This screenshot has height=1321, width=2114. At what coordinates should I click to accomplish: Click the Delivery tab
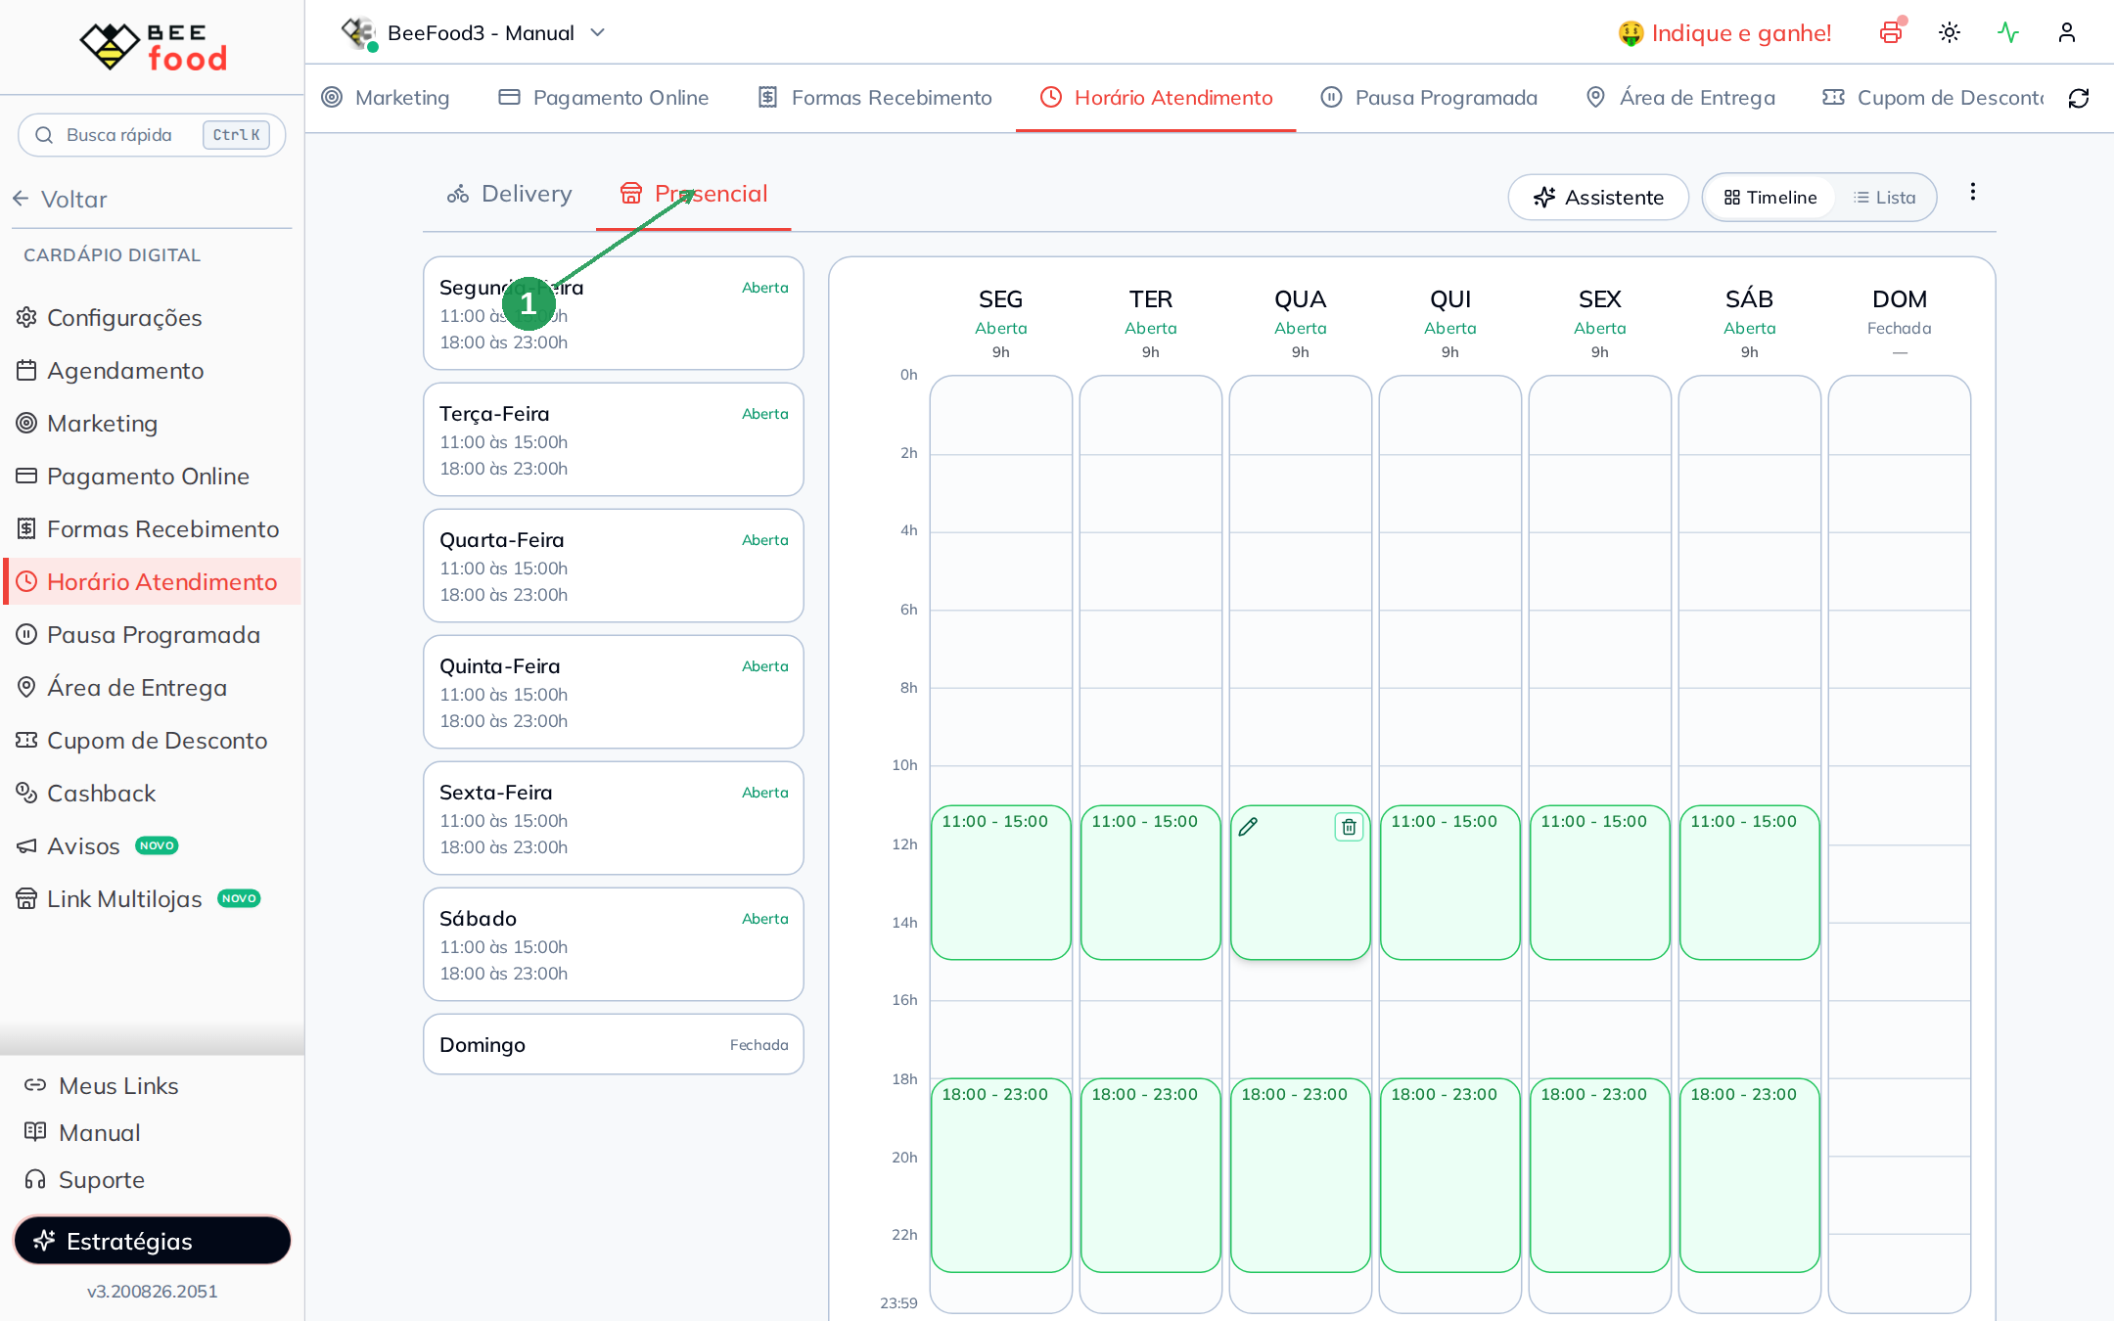509,194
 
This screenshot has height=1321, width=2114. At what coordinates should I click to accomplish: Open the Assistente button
1598,198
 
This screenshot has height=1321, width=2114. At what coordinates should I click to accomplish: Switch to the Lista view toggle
1884,198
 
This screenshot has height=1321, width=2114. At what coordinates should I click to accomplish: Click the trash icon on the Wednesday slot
1349,827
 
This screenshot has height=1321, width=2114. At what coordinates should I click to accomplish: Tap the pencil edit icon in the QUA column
1248,827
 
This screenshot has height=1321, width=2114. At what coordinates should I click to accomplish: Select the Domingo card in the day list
614,1044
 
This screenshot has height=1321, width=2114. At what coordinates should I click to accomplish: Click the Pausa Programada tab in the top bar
1429,98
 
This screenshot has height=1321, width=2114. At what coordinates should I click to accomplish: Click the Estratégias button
153,1241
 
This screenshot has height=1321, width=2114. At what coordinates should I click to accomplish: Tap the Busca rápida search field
152,135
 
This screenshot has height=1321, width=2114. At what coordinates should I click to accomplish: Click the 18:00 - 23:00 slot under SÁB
1749,1174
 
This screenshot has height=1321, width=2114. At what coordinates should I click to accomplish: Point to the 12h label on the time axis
904,844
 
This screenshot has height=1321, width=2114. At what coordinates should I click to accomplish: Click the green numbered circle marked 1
528,304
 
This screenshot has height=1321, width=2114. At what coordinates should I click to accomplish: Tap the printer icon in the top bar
1891,32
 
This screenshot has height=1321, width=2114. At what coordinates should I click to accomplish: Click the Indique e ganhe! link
1724,33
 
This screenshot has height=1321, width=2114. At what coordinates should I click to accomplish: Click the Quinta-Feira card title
500,666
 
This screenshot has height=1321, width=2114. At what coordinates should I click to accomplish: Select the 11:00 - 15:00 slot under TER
1150,882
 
